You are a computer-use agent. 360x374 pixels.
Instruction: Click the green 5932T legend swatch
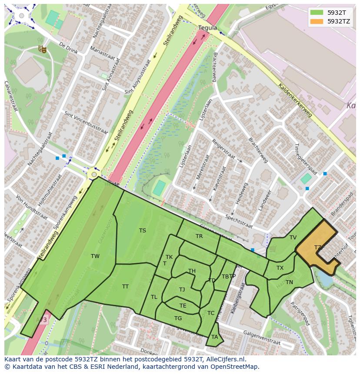[x=317, y=12]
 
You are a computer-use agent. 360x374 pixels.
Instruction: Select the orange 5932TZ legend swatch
[x=317, y=21]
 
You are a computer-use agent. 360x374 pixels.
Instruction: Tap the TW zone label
[x=95, y=256]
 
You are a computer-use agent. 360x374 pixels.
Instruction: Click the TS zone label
[x=143, y=231]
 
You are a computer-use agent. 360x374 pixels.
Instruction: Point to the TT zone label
[x=125, y=287]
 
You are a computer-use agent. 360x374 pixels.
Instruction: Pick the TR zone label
[x=199, y=237]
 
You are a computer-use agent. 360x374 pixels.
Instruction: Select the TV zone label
[x=293, y=238]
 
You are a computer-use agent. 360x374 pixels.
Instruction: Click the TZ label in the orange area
[x=318, y=248]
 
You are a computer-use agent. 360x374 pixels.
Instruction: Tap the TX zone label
[x=280, y=268]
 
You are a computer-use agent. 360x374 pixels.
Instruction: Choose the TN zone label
[x=290, y=282]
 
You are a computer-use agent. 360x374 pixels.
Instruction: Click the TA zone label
[x=214, y=337]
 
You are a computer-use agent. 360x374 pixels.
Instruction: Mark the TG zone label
[x=178, y=318]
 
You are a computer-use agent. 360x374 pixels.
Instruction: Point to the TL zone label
[x=154, y=297]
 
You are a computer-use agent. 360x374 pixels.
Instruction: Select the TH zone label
[x=192, y=271]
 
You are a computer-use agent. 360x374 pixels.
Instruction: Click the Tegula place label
[x=207, y=28]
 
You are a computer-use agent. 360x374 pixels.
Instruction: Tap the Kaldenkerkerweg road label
[x=295, y=100]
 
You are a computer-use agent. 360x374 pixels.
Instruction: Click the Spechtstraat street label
[x=239, y=221]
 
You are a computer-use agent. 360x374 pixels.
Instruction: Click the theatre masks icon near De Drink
[x=42, y=49]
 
